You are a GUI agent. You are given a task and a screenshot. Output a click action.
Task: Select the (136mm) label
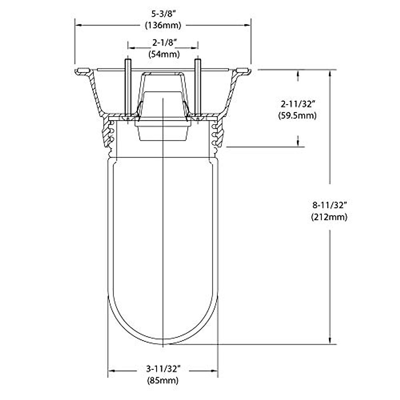(163, 25)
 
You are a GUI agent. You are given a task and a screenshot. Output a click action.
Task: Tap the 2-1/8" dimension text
(163, 43)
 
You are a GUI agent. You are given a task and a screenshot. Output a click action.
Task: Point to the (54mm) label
(163, 54)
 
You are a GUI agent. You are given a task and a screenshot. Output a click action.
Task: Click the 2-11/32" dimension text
(298, 104)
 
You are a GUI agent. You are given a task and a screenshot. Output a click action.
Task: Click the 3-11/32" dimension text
(163, 369)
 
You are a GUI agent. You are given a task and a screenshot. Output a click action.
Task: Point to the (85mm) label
(163, 380)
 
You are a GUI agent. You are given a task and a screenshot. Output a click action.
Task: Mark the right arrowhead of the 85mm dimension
(215, 370)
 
